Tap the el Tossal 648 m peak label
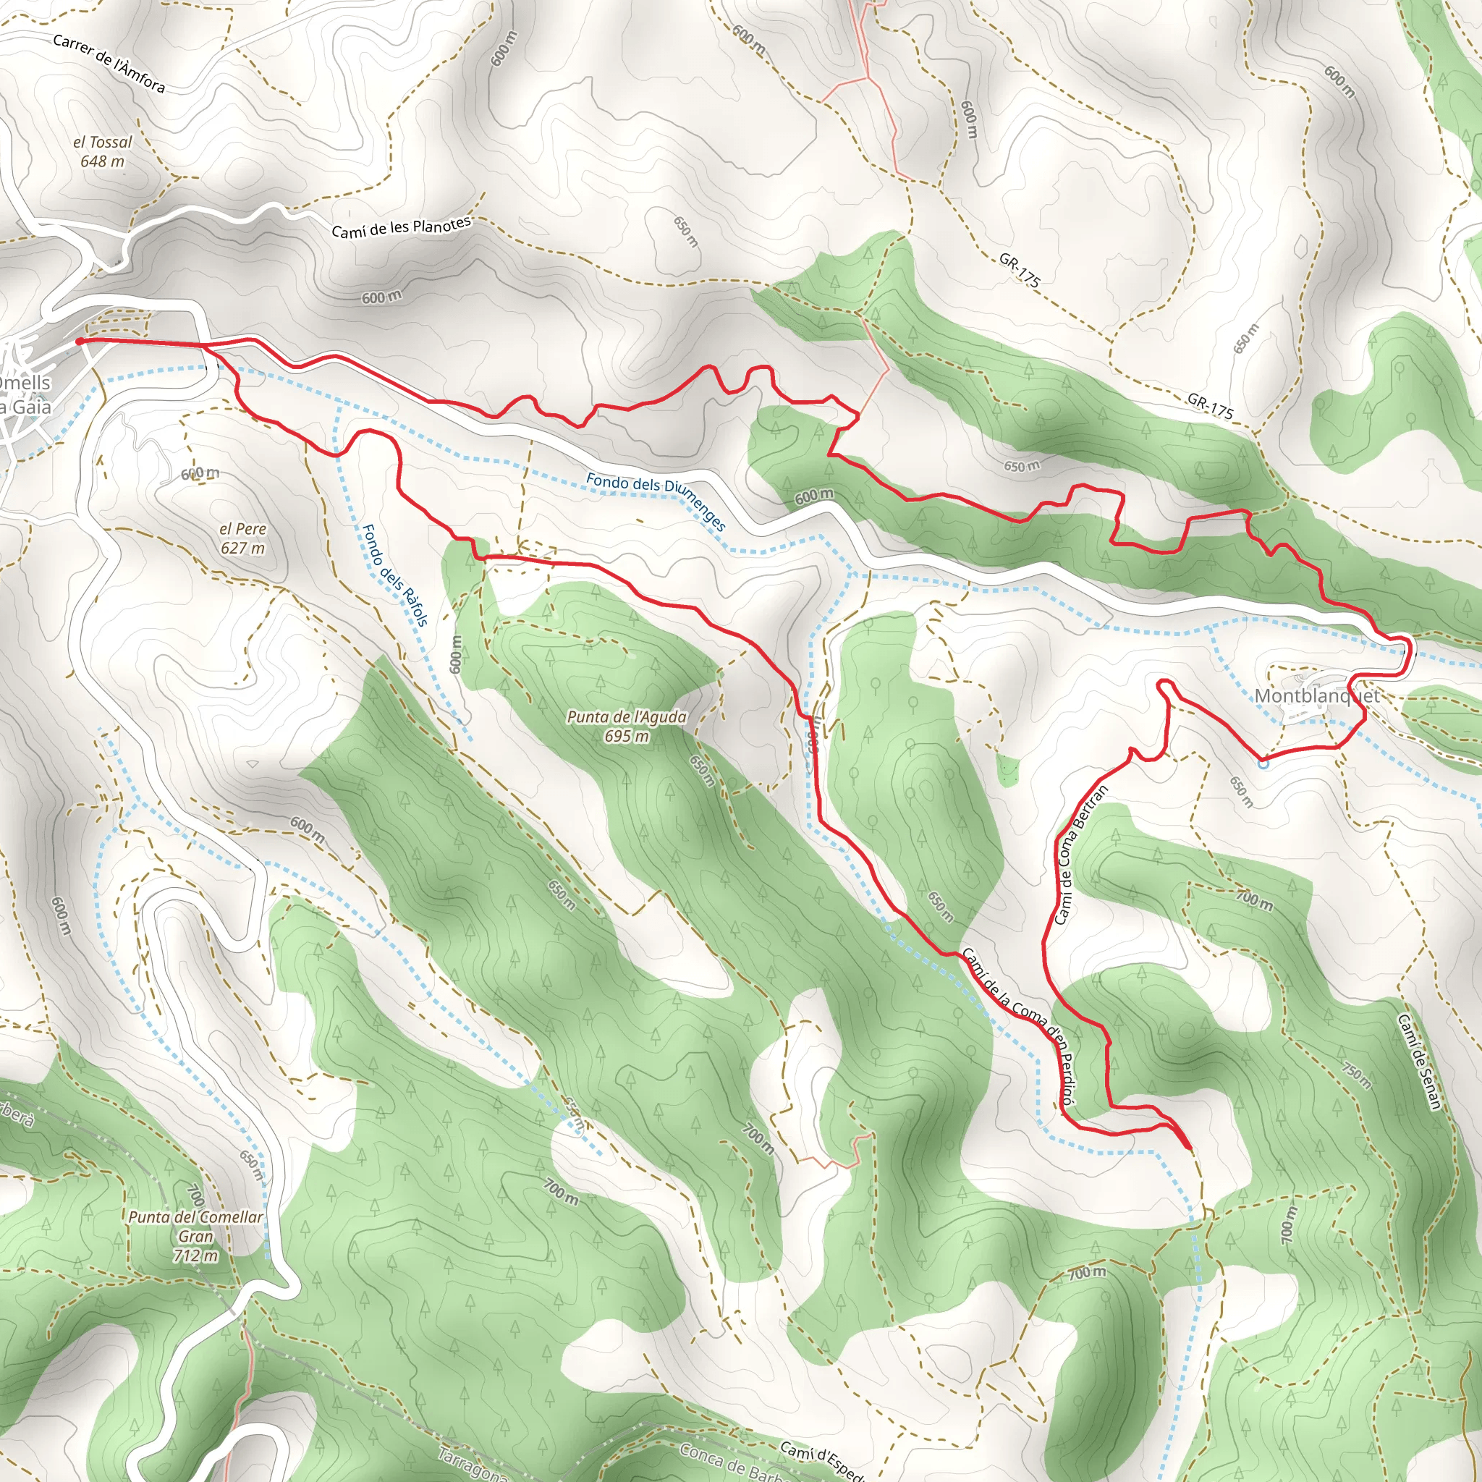[102, 151]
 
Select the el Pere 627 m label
[242, 538]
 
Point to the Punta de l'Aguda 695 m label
[626, 726]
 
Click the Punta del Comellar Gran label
[195, 1236]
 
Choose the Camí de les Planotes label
[401, 227]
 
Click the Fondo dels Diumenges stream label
[656, 501]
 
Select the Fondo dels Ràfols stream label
[394, 575]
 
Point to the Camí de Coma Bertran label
[1081, 855]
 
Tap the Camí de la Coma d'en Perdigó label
[1020, 1028]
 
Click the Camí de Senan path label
[1419, 1062]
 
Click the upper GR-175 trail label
[1020, 270]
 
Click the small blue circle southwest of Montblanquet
[1263, 763]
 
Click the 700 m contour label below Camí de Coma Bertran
[1254, 900]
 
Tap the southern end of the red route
[1188, 1148]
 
